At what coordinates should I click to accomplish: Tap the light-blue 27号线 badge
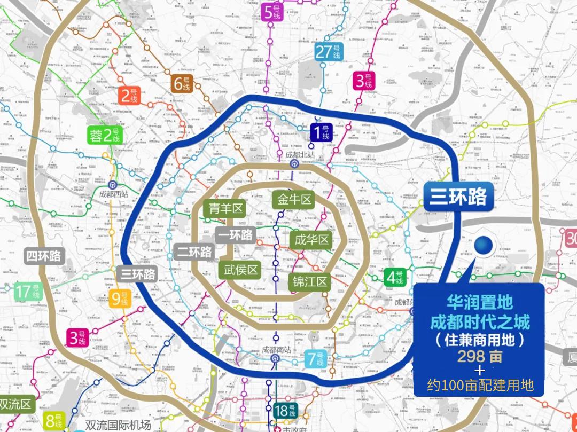[329, 52]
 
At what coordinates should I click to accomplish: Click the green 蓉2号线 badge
[106, 136]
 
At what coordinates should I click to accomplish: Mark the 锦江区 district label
[310, 282]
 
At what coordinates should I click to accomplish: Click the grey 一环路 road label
[236, 235]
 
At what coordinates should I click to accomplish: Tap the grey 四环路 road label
[45, 256]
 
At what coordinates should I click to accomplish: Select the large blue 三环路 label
[458, 197]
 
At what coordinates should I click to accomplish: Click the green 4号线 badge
[396, 278]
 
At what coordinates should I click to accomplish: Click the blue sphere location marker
[484, 245]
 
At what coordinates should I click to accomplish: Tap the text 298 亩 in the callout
[480, 356]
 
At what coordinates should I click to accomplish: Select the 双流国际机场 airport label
[119, 426]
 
